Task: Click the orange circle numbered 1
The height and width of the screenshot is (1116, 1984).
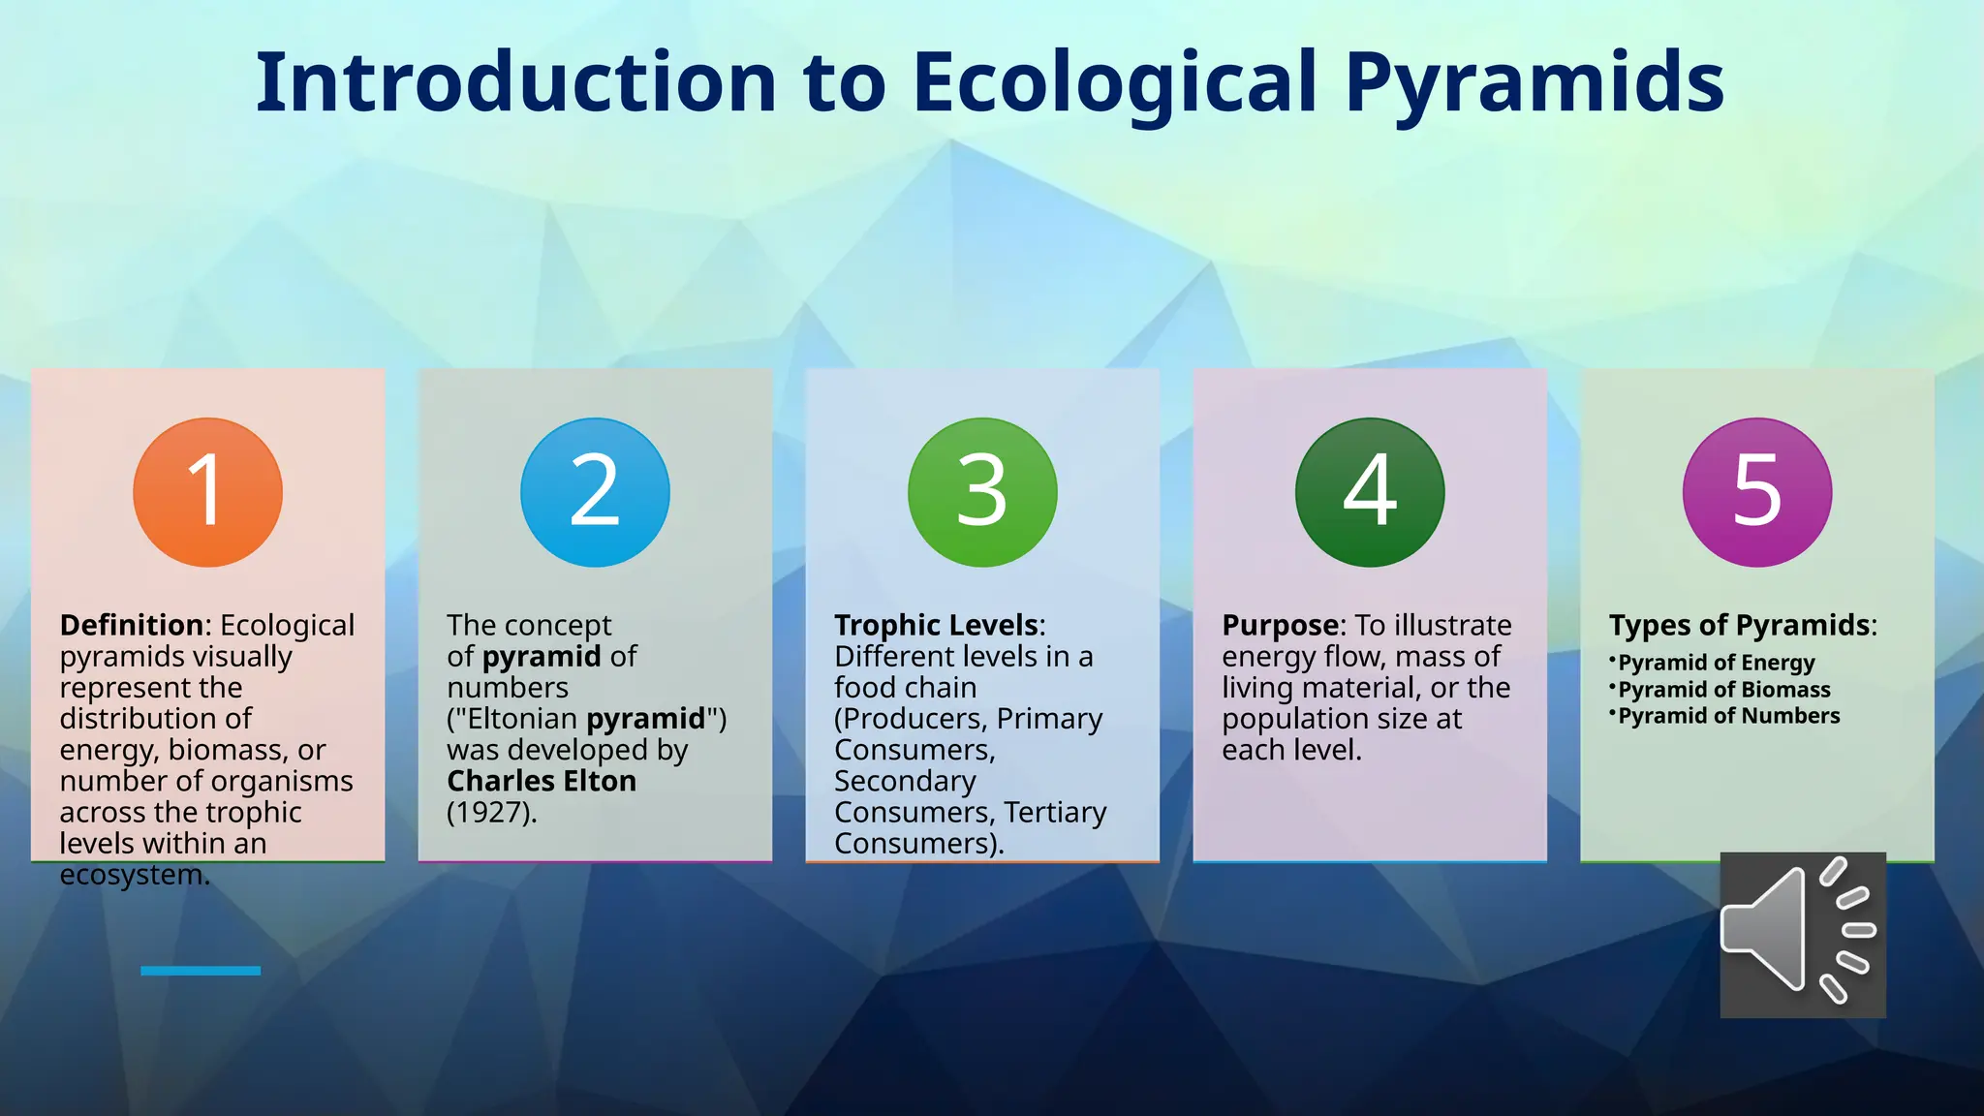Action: pyautogui.click(x=207, y=492)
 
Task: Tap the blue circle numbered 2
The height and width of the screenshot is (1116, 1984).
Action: pyautogui.click(x=595, y=492)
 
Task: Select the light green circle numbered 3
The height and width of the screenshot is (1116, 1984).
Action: pyautogui.click(x=982, y=492)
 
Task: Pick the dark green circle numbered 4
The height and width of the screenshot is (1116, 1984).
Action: pyautogui.click(x=1370, y=492)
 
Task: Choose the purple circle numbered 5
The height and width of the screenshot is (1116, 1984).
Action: pyautogui.click(x=1757, y=492)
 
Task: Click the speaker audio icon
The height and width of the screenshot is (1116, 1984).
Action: pyautogui.click(x=1802, y=934)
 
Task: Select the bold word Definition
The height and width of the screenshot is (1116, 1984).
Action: pyautogui.click(x=132, y=625)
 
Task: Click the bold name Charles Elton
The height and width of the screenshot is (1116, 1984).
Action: pyautogui.click(x=542, y=781)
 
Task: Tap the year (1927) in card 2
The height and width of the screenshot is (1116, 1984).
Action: pyautogui.click(x=491, y=812)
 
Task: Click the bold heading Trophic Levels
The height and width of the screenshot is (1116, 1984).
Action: pyautogui.click(x=937, y=625)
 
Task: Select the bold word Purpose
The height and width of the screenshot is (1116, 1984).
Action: pyautogui.click(x=1281, y=625)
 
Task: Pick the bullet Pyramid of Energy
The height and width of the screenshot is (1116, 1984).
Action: pyautogui.click(x=1716, y=663)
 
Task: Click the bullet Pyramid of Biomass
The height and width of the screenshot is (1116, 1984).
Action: pyautogui.click(x=1723, y=690)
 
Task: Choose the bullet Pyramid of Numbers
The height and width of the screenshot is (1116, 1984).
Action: pyautogui.click(x=1728, y=716)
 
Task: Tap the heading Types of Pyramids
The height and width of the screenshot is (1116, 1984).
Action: pyautogui.click(x=1740, y=625)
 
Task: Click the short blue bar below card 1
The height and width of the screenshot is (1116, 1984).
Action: pyautogui.click(x=201, y=971)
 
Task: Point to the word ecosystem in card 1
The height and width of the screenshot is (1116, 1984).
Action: pyautogui.click(x=133, y=875)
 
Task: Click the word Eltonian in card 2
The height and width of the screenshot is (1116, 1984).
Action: pyautogui.click(x=522, y=719)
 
